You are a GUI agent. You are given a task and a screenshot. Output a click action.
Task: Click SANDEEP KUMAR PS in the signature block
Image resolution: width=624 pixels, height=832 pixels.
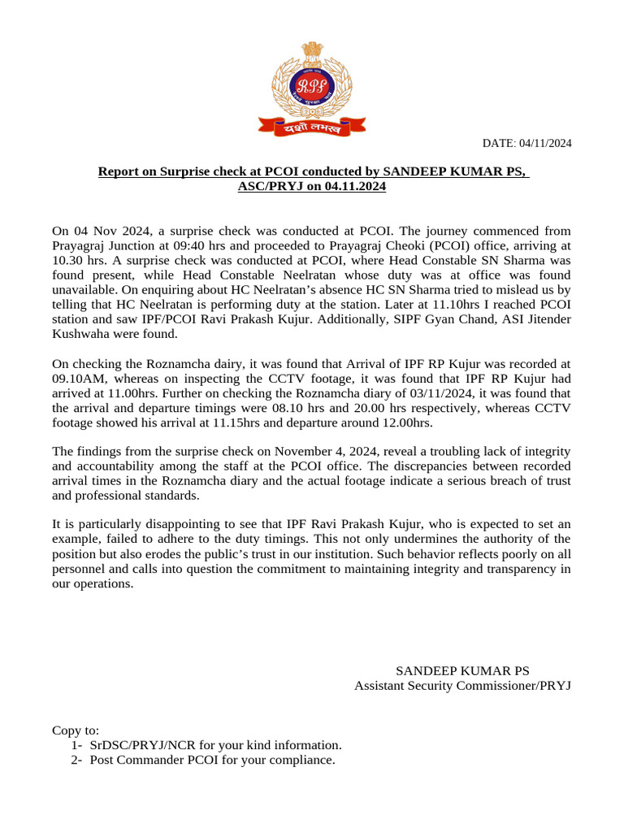tap(462, 671)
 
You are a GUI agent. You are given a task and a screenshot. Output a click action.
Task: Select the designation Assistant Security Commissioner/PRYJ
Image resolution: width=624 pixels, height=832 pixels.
tap(462, 686)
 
